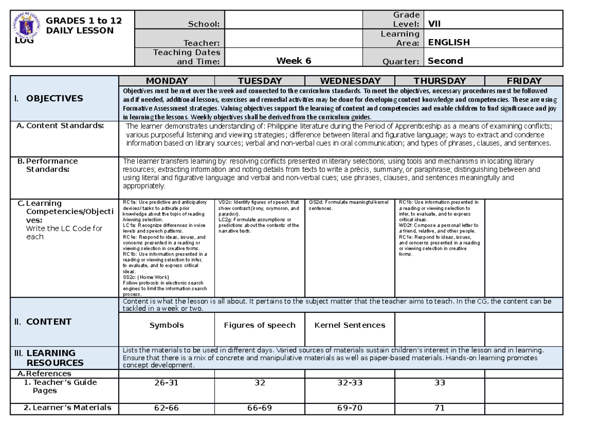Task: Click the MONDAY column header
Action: [166, 81]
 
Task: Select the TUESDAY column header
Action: [259, 81]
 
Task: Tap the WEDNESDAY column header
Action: [350, 81]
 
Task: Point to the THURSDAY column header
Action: [440, 81]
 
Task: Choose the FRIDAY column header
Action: [524, 81]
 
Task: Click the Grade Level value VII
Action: [434, 24]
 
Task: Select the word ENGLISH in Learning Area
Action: [448, 43]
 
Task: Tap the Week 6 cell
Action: [293, 61]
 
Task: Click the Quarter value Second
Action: [445, 61]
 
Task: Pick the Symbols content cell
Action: [166, 325]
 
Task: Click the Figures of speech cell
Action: [259, 325]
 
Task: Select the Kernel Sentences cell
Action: [350, 325]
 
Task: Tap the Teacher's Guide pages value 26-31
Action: [166, 382]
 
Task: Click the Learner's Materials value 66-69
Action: [259, 408]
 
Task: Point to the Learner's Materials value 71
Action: [440, 408]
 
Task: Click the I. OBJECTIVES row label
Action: [49, 98]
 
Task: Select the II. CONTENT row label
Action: [43, 322]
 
